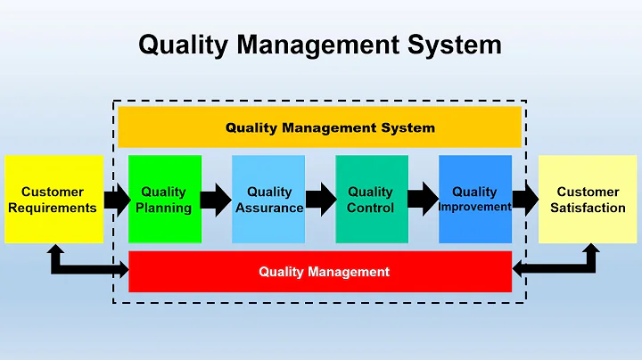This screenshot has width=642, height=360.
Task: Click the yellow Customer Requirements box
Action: [x=53, y=199]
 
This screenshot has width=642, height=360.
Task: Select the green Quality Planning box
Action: [x=165, y=199]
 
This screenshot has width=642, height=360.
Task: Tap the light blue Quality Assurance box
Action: [x=268, y=199]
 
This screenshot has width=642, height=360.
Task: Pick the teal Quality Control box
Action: [x=372, y=199]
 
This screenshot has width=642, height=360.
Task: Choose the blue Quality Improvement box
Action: [x=475, y=199]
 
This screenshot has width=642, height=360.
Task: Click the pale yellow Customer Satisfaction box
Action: [x=587, y=199]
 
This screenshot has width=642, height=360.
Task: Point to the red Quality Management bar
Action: [x=321, y=272]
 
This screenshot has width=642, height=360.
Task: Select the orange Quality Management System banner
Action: [x=319, y=127]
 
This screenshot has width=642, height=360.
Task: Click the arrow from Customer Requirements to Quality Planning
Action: [x=117, y=200]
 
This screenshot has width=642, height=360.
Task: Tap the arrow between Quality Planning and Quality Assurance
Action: [x=216, y=200]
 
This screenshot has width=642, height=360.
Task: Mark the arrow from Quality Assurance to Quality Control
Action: [x=320, y=200]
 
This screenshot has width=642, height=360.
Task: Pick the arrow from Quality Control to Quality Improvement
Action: [x=424, y=200]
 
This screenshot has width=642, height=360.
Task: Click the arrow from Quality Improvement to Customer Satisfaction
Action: [x=525, y=200]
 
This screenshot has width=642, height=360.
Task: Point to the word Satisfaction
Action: [x=588, y=208]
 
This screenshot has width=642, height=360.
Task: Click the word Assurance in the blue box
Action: [x=269, y=208]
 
